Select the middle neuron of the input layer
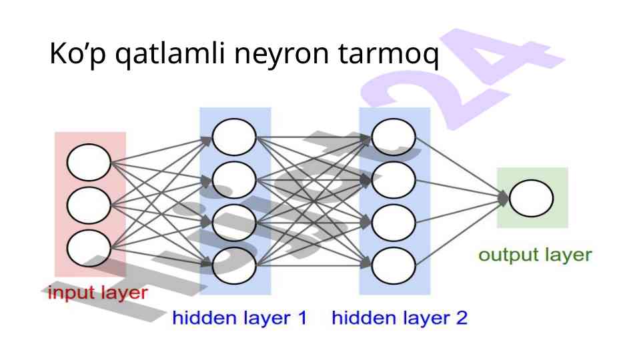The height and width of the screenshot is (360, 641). coord(89,205)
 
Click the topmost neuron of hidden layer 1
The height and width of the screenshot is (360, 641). coord(234,138)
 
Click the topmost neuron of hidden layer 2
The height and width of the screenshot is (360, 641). coord(394,138)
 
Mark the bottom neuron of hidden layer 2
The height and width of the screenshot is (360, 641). coord(394,266)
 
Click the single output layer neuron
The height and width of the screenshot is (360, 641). coord(531,198)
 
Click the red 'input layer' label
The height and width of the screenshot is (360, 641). coord(97,293)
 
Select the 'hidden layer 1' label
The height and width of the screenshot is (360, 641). coord(240,318)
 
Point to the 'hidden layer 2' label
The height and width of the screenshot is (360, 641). coord(400,318)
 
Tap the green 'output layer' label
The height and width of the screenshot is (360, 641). coord(535,255)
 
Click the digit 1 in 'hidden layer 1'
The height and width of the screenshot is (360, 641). coord(301,318)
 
